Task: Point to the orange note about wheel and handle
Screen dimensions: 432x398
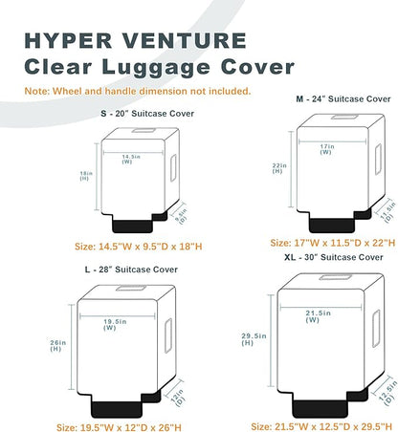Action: pos(139,92)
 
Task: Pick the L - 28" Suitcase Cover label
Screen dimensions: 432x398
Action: pos(131,270)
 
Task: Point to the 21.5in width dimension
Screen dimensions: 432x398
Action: pos(318,315)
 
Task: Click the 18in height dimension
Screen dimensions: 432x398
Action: pos(84,176)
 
